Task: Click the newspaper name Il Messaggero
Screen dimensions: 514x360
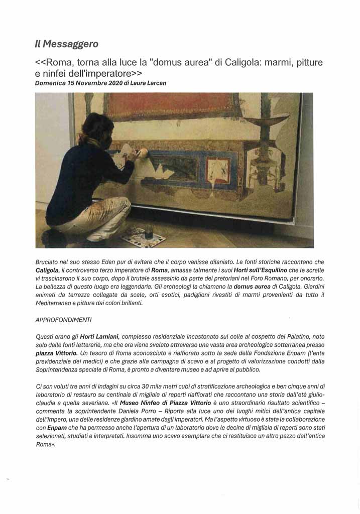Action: coord(66,44)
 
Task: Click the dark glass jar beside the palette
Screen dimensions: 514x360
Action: coord(149,232)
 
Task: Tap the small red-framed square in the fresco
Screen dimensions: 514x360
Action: coord(219,171)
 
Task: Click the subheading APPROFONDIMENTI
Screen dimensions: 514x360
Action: coord(63,320)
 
